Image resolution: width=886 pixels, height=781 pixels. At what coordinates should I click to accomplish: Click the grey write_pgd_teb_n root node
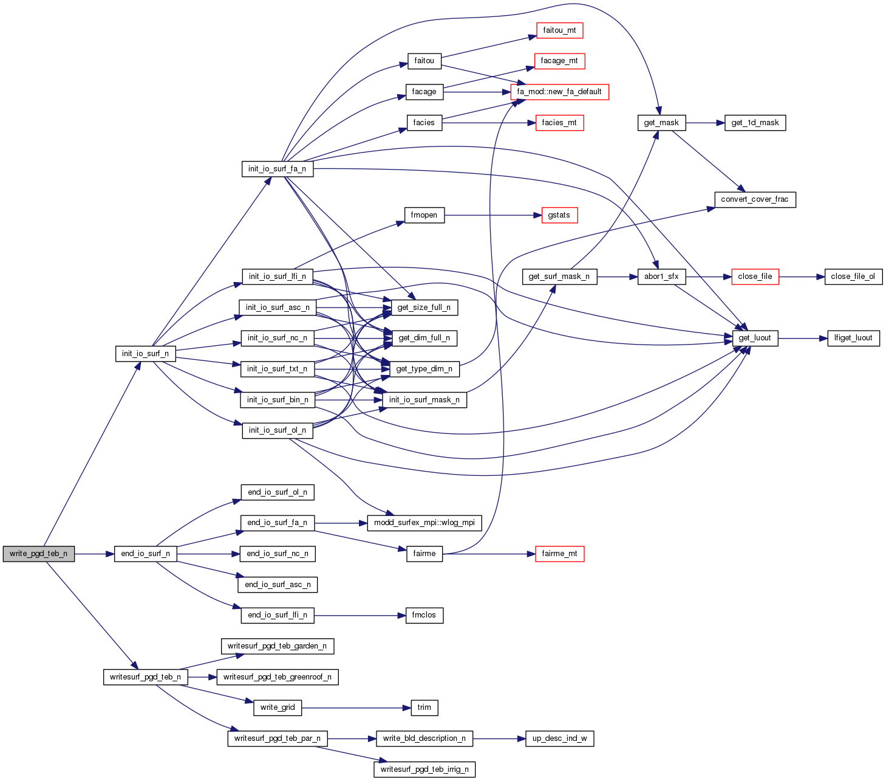tap(38, 554)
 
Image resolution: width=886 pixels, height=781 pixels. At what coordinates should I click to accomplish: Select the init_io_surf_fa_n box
tap(277, 169)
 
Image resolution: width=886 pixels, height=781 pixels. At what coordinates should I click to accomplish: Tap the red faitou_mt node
tap(559, 30)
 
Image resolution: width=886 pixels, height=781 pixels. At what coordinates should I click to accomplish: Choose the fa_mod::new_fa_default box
tap(559, 92)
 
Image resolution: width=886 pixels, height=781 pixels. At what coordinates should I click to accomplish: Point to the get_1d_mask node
tap(755, 123)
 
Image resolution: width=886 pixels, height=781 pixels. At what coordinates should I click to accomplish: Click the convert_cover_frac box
tap(754, 199)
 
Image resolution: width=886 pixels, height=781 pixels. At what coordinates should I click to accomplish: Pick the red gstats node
tap(559, 215)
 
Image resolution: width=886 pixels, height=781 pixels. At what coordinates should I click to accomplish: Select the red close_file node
tap(755, 277)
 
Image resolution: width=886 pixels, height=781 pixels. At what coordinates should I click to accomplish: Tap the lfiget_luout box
tap(853, 338)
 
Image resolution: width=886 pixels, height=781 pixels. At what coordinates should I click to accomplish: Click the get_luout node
tap(755, 338)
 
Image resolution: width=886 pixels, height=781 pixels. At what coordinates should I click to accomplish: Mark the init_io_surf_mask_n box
tap(424, 400)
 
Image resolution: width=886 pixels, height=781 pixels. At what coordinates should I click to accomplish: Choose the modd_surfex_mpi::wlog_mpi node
tap(424, 523)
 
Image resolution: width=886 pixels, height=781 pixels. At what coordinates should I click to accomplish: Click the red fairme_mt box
tap(559, 554)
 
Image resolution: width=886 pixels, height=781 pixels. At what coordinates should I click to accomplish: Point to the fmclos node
tap(424, 615)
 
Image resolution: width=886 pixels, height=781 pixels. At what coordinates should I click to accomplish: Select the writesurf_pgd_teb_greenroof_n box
tap(278, 677)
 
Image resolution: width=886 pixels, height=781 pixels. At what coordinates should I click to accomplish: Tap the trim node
tap(424, 707)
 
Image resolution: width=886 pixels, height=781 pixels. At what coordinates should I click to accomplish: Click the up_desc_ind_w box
tap(559, 738)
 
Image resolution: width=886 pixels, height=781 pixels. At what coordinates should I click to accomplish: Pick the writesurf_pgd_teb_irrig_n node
tap(424, 769)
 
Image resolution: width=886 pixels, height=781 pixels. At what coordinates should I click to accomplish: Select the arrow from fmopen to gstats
tap(492, 215)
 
